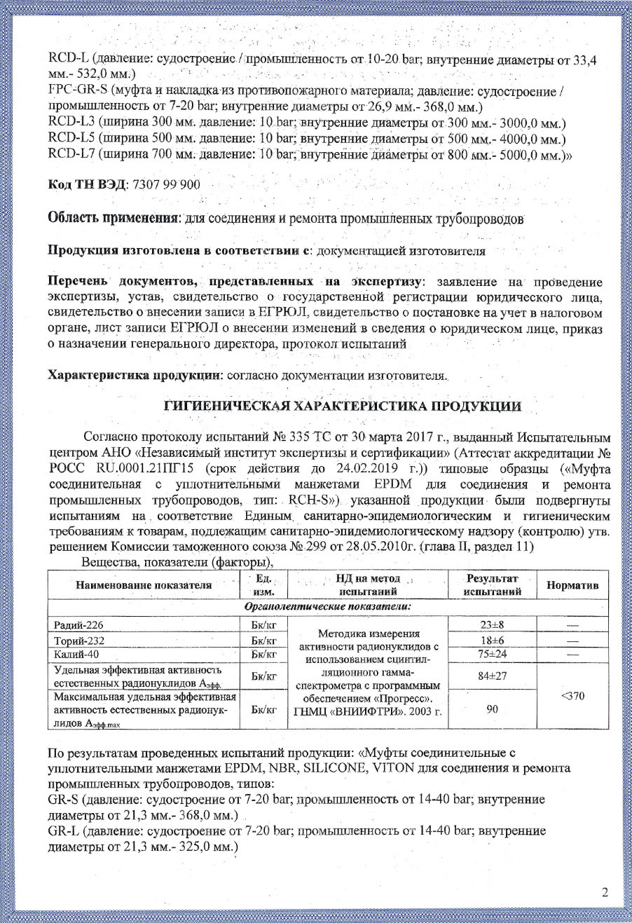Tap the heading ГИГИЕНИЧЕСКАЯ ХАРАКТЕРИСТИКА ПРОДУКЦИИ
(343, 406)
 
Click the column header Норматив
(572, 585)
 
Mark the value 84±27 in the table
(492, 676)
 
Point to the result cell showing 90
(492, 709)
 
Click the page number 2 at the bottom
(605, 892)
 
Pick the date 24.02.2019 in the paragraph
(364, 468)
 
